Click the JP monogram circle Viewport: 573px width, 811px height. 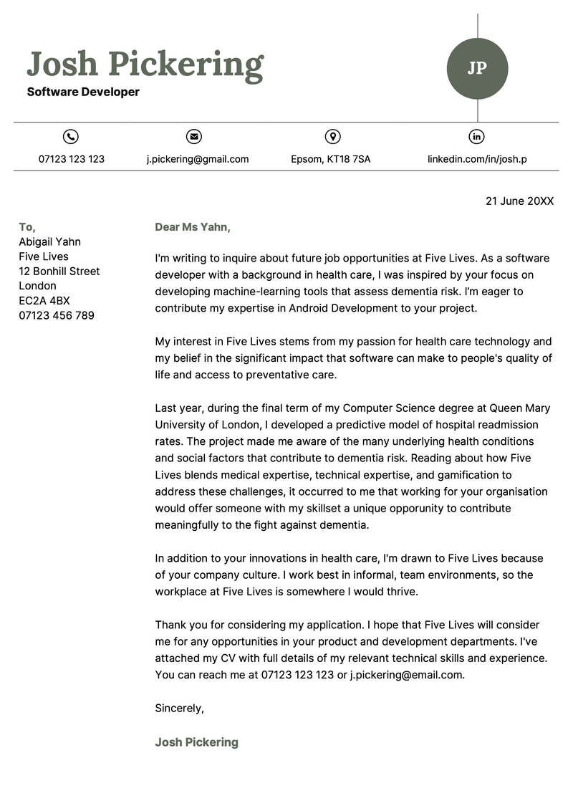(x=477, y=68)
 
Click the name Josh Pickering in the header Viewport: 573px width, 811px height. (x=145, y=64)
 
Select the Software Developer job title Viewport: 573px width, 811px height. (x=83, y=92)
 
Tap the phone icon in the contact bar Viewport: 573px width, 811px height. (x=71, y=136)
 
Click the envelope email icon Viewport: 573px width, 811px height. (x=193, y=136)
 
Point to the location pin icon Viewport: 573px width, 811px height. (x=332, y=136)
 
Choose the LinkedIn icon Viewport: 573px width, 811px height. (x=477, y=136)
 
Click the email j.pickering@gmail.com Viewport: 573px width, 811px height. (x=198, y=159)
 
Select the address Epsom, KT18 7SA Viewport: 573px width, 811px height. (x=331, y=159)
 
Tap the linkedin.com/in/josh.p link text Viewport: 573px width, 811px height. (x=477, y=159)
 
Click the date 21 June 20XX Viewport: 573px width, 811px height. (x=519, y=201)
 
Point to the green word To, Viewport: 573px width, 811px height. (x=27, y=227)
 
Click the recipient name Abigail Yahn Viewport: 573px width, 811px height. (x=50, y=242)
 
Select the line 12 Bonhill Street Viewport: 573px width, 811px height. (x=59, y=272)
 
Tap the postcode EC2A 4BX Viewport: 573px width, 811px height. (x=44, y=301)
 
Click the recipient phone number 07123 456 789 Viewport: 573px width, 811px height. (x=57, y=315)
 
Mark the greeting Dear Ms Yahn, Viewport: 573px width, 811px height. (x=193, y=227)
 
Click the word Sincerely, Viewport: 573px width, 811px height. (x=180, y=708)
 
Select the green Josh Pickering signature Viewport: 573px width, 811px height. (x=197, y=742)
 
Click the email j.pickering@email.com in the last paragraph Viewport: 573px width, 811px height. (x=408, y=675)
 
